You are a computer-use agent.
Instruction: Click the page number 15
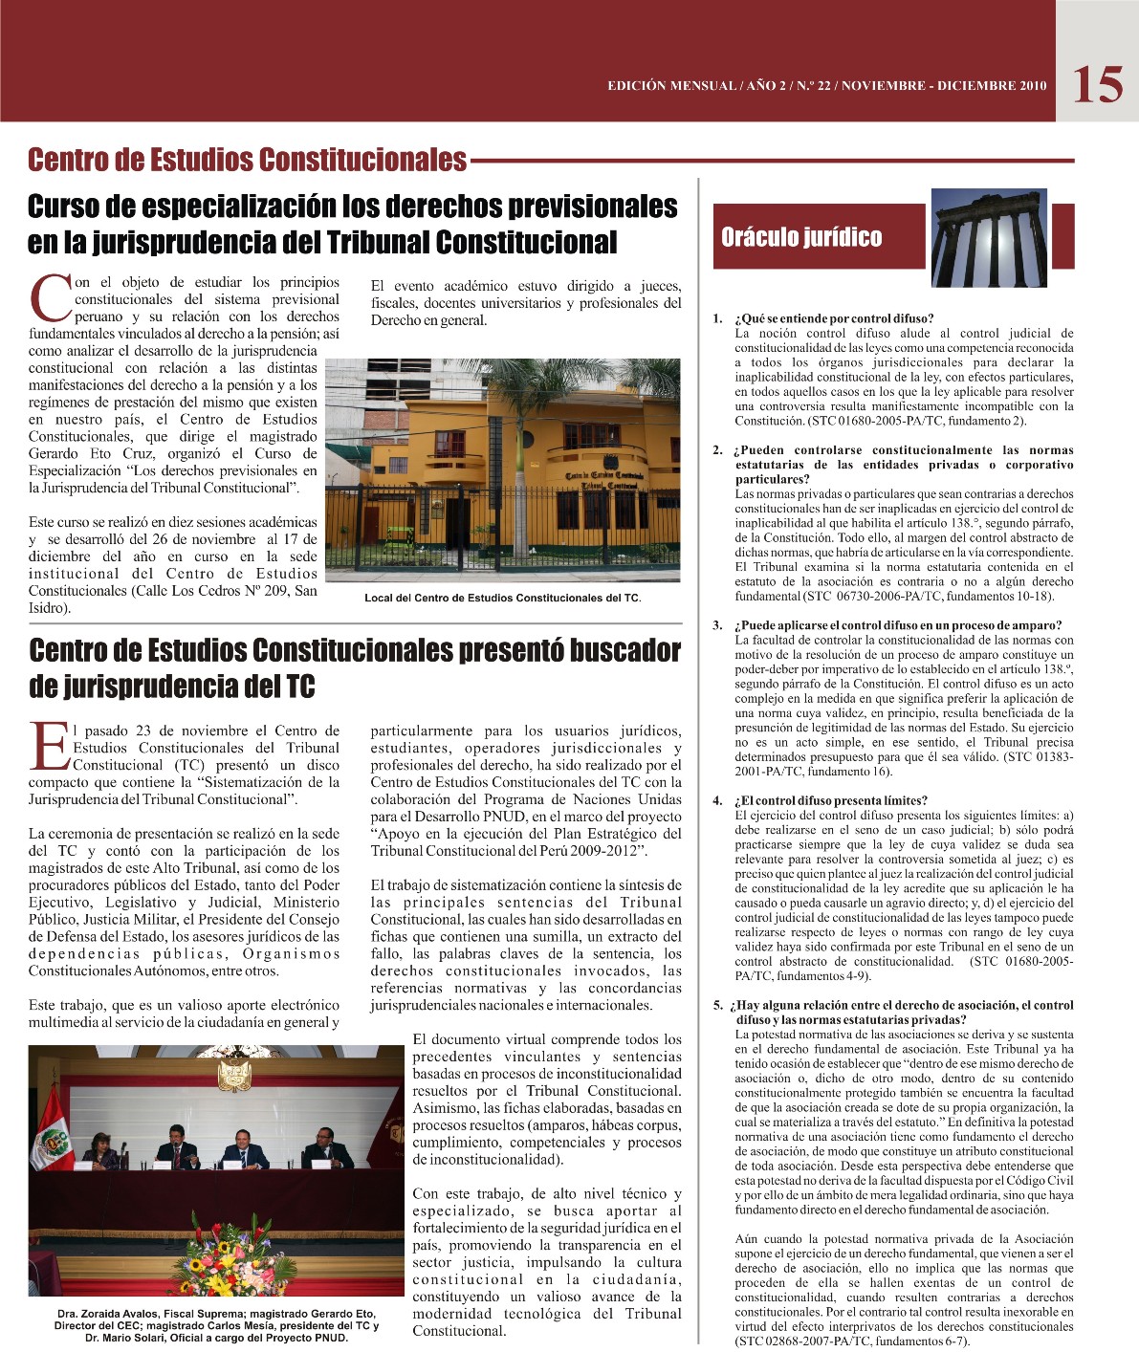coord(1098,84)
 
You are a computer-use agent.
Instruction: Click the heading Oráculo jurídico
coord(801,237)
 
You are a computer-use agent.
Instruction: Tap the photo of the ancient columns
coord(1001,239)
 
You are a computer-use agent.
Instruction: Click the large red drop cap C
coord(51,298)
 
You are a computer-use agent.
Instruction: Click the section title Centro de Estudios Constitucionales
coord(247,160)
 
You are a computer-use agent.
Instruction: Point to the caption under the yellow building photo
coord(502,599)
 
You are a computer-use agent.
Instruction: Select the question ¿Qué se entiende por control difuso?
coord(834,318)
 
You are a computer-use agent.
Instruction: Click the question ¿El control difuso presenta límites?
coord(831,800)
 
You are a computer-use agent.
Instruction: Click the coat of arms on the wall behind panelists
coord(233,1075)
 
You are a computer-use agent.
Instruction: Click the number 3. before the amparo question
coord(717,625)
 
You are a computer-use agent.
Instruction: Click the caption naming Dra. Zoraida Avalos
coord(216,1325)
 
